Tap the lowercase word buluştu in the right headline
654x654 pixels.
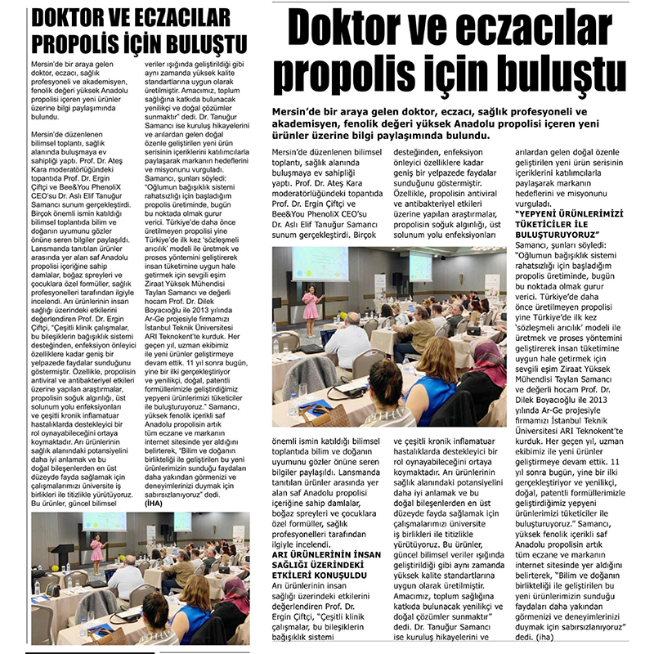pyautogui.click(x=551, y=75)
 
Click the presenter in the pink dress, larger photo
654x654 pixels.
pyautogui.click(x=310, y=306)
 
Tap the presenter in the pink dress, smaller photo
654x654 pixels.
pyautogui.click(x=96, y=548)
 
